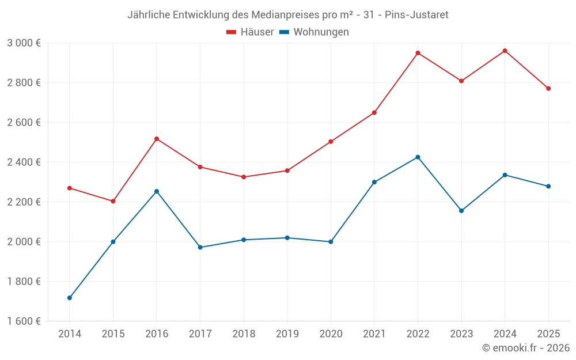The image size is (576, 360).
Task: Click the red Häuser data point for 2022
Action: pyautogui.click(x=418, y=53)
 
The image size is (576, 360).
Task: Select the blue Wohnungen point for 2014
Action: pyautogui.click(x=70, y=298)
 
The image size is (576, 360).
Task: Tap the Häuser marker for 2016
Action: pyautogui.click(x=157, y=139)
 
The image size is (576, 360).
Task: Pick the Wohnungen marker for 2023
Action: pyautogui.click(x=461, y=211)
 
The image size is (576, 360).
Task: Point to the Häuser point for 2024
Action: pyautogui.click(x=505, y=51)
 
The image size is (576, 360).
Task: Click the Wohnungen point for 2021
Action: pyautogui.click(x=374, y=182)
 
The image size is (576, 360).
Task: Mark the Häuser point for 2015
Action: pyautogui.click(x=113, y=201)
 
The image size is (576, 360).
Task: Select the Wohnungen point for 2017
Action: pyautogui.click(x=200, y=247)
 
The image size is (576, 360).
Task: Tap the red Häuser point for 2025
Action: pyautogui.click(x=548, y=89)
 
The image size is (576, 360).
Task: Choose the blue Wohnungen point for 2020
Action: pyautogui.click(x=331, y=242)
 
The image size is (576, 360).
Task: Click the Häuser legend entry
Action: pyautogui.click(x=250, y=32)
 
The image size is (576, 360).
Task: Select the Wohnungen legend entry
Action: pyautogui.click(x=314, y=32)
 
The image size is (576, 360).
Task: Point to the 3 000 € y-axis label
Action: pyautogui.click(x=24, y=43)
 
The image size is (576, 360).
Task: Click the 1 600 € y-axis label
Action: pyautogui.click(x=24, y=321)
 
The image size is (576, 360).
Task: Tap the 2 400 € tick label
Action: pyautogui.click(x=24, y=162)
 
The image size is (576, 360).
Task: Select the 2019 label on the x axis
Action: pyautogui.click(x=287, y=334)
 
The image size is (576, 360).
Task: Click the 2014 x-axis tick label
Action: pyautogui.click(x=70, y=334)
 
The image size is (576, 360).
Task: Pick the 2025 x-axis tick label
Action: pyautogui.click(x=548, y=334)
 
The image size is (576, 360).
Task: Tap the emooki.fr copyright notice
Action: pyautogui.click(x=525, y=348)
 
